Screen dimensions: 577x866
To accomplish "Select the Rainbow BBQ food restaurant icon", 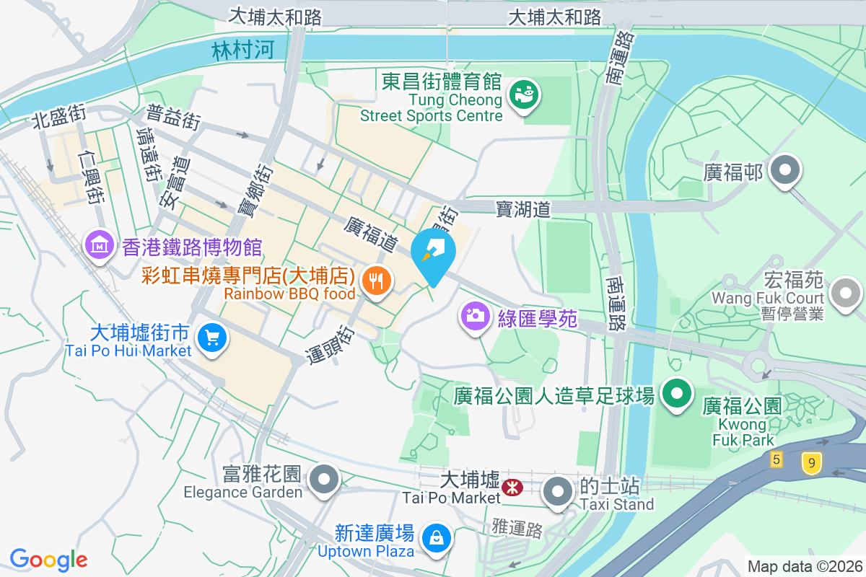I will point(375,281).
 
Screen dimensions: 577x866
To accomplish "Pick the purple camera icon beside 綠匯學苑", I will point(475,317).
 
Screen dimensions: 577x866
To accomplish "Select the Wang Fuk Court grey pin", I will point(844,294).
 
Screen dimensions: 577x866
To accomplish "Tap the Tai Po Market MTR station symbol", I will point(512,488).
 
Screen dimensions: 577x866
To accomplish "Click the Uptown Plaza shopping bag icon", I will point(436,538).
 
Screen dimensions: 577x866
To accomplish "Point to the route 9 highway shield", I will point(812,464).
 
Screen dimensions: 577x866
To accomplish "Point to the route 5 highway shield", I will point(777,459).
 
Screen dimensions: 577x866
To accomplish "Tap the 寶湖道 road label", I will point(523,209).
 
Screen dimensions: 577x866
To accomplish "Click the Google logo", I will point(49,559).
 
